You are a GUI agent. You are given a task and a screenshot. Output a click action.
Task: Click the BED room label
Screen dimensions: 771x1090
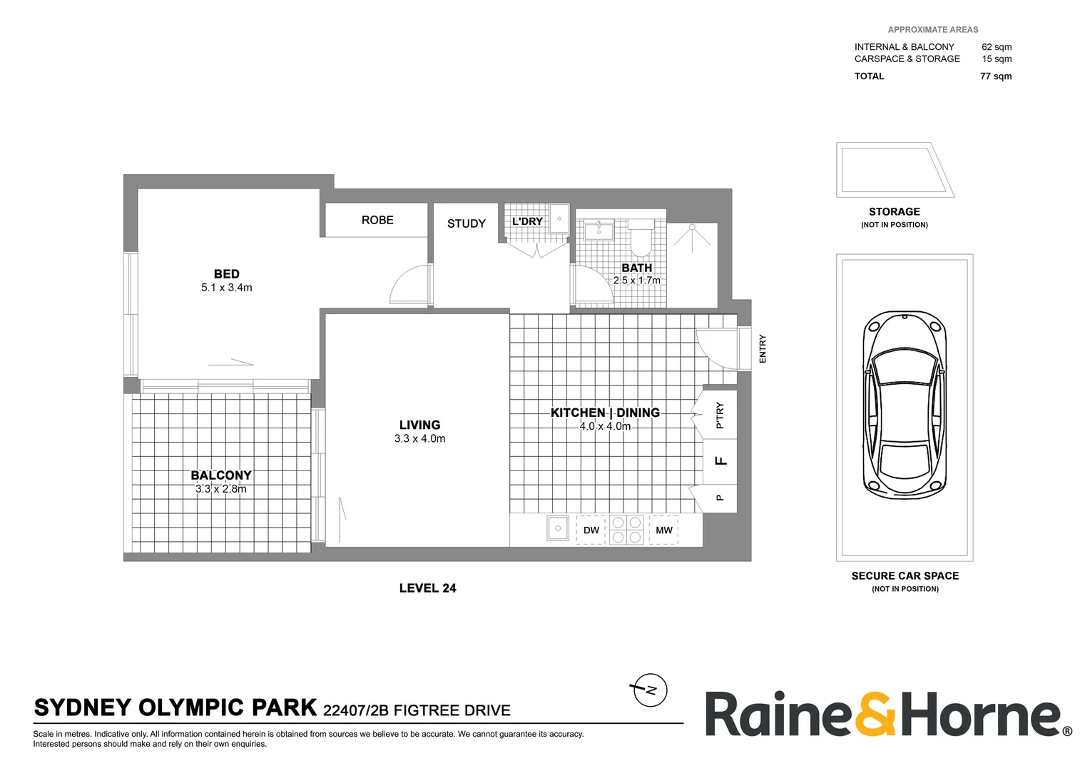tap(227, 274)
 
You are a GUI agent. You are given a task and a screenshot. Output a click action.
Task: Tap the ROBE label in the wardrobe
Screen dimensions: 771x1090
tap(377, 220)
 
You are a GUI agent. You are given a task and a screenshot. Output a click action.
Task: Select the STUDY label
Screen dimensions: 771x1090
tap(466, 223)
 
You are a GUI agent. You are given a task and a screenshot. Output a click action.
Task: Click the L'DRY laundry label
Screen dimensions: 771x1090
tap(527, 221)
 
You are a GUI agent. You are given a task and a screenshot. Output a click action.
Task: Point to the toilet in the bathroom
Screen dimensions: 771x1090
tap(641, 237)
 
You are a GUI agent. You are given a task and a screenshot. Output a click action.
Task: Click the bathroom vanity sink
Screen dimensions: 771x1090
tap(598, 231)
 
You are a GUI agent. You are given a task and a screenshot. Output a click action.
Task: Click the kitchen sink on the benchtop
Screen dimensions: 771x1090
tap(557, 530)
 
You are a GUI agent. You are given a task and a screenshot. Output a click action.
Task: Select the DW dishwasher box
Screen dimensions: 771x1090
tap(591, 530)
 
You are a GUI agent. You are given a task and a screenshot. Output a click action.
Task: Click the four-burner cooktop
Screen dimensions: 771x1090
tap(626, 530)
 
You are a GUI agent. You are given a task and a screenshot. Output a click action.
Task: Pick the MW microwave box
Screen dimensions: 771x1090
tap(663, 530)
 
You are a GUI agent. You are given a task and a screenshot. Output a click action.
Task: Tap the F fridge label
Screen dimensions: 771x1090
tap(721, 460)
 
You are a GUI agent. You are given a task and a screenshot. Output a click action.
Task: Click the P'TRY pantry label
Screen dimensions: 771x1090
tap(720, 415)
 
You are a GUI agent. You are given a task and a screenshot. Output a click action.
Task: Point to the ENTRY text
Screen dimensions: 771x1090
tap(763, 348)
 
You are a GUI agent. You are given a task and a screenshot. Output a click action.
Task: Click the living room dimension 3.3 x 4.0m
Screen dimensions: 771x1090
tap(419, 438)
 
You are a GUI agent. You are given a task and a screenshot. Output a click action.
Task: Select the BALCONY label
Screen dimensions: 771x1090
tap(221, 475)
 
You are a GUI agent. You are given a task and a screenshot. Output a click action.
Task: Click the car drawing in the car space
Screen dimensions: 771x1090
tap(904, 405)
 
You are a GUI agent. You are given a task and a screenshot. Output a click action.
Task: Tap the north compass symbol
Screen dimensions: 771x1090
tap(649, 690)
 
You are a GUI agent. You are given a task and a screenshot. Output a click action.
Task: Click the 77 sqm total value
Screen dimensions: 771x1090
tap(995, 76)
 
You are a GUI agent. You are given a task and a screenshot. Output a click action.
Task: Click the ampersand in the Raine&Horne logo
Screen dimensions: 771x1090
tap(875, 714)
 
